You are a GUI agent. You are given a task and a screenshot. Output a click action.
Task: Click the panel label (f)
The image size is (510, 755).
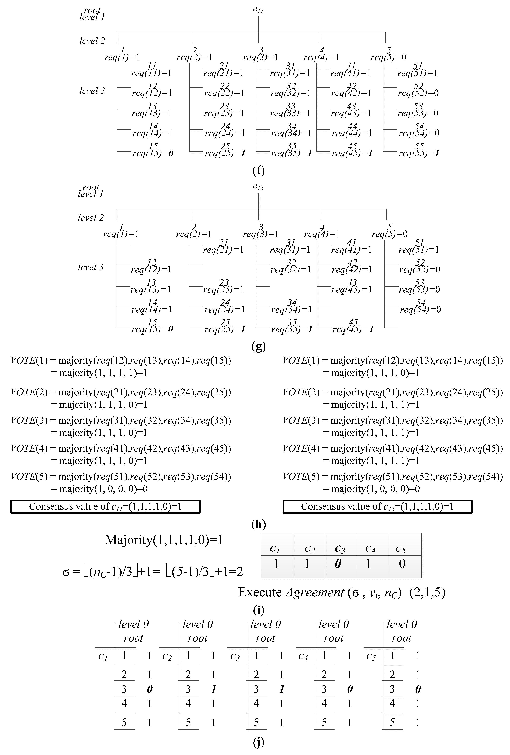pyautogui.click(x=258, y=171)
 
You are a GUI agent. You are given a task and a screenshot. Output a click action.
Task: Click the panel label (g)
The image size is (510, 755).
pyautogui.click(x=258, y=347)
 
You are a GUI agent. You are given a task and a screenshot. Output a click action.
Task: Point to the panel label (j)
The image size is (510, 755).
pyautogui.click(x=258, y=742)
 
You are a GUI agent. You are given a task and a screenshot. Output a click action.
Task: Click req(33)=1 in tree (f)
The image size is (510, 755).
pyautogui.click(x=290, y=113)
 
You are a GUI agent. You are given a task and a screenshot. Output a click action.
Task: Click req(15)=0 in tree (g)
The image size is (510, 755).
pyautogui.click(x=152, y=329)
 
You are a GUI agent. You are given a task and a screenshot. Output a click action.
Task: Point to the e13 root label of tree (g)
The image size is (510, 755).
pyautogui.click(x=258, y=187)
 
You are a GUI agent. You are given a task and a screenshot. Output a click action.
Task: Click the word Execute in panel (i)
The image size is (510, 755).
pyautogui.click(x=260, y=592)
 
